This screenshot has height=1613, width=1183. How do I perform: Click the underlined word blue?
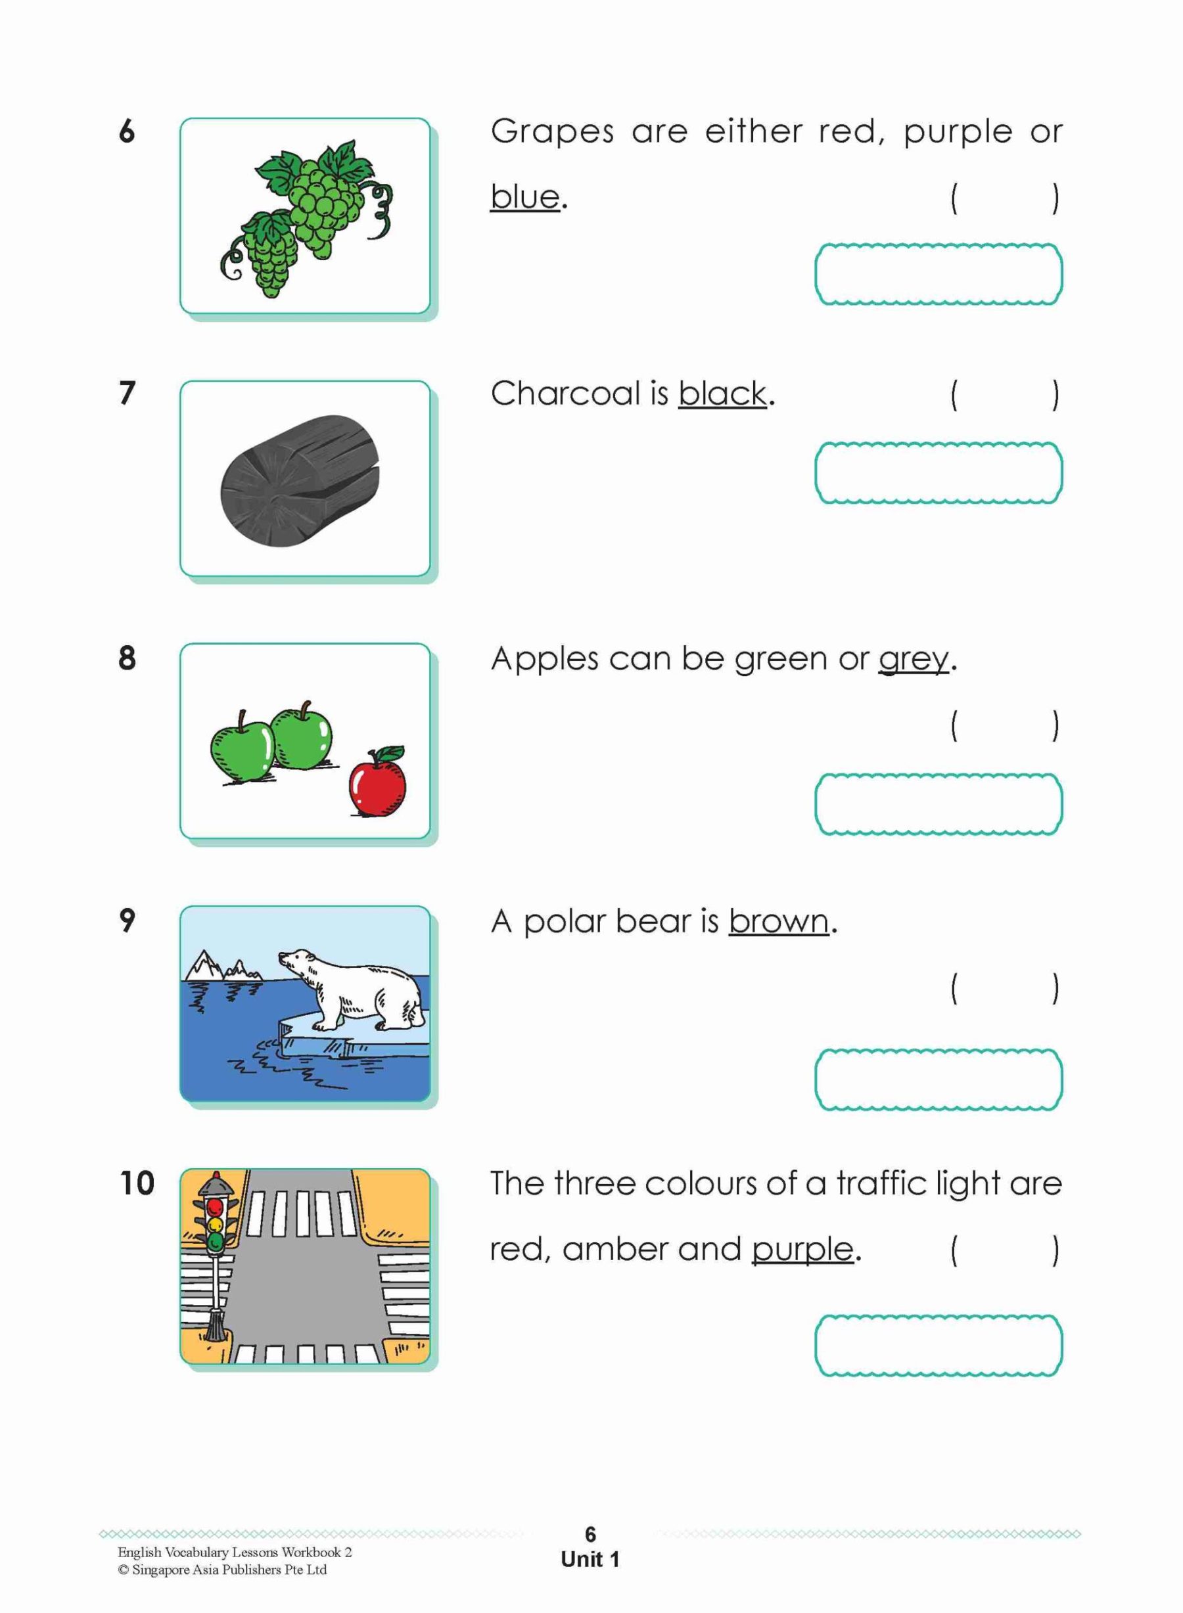525,197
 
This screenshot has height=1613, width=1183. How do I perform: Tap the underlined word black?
722,394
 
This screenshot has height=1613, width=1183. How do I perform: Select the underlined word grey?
913,658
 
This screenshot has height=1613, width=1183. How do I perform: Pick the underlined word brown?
778,921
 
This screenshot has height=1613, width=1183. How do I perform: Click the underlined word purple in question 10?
802,1249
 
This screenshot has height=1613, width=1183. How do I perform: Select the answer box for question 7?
938,473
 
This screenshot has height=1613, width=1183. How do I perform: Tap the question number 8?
128,658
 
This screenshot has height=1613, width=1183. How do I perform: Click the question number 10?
137,1183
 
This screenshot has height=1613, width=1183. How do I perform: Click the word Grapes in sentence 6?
552,131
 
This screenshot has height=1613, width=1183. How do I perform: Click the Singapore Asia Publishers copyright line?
222,1570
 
